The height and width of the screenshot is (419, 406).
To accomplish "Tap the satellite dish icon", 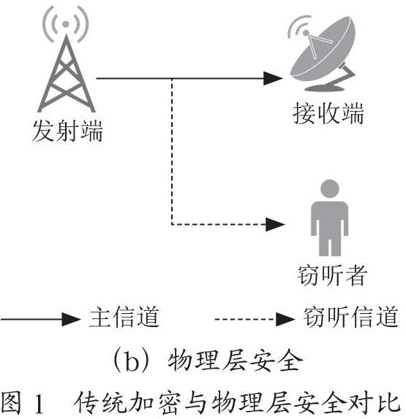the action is point(323,53).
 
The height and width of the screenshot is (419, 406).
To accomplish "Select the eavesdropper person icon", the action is point(329,218).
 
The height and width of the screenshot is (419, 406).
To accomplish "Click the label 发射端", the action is point(67,131).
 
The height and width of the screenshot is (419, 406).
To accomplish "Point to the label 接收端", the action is point(328,113).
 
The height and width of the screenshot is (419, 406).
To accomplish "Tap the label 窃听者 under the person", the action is point(331,275).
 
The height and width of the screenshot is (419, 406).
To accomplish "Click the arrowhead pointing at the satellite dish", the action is point(273,78).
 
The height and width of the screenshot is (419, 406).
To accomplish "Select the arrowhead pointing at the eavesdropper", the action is point(275,224).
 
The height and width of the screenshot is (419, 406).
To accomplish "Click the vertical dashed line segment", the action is point(172,151).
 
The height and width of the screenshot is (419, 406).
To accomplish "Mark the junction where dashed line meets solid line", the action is point(172,79).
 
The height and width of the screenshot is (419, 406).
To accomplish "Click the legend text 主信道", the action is point(124,318).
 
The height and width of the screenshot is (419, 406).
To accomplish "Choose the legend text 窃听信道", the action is point(351,317).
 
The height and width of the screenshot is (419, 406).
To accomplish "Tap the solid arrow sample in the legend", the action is point(40,319).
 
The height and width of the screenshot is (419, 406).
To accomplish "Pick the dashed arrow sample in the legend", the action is point(255,319).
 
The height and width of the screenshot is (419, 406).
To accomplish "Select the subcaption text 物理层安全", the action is point(236,361).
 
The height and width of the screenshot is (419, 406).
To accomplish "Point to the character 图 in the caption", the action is point(11,403).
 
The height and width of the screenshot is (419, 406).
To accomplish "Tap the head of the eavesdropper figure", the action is point(330,188).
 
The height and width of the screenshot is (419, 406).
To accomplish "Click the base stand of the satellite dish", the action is point(325,88).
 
